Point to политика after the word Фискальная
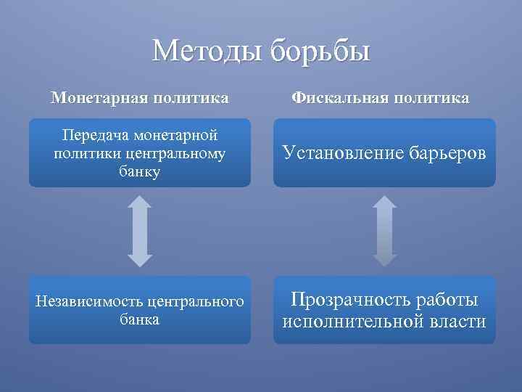[x=433, y=97]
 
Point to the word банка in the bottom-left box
[x=140, y=319]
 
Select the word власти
[x=457, y=322]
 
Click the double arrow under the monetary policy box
[x=140, y=231]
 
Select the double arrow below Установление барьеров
[x=385, y=231]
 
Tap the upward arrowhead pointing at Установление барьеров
[x=385, y=203]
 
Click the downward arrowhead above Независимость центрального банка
[x=140, y=258]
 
